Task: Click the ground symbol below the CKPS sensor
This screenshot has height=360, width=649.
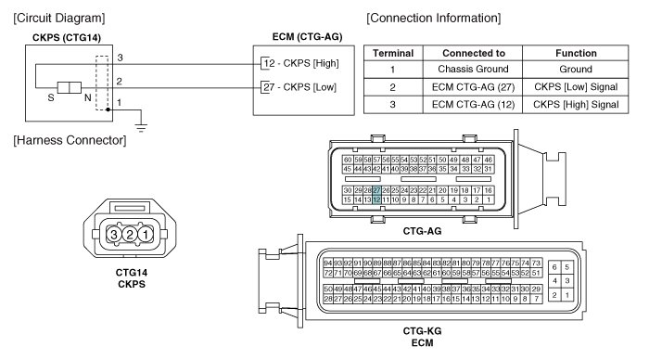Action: (x=141, y=127)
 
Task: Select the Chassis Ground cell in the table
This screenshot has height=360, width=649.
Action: (x=473, y=70)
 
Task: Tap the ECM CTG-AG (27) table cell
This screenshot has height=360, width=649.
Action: (x=473, y=87)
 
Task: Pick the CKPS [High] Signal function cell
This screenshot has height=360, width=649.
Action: (x=576, y=105)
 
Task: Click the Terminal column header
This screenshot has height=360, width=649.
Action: (x=393, y=53)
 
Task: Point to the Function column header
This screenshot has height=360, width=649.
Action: (x=576, y=53)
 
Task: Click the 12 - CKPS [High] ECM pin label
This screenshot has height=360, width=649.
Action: (x=301, y=63)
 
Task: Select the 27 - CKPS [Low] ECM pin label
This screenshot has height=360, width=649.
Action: (x=299, y=87)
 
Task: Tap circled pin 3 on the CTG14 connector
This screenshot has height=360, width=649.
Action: (x=113, y=235)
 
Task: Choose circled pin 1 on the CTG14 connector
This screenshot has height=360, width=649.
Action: (x=146, y=235)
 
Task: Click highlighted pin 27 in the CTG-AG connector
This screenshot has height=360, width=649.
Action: (x=376, y=190)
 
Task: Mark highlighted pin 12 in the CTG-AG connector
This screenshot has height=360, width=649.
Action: (x=376, y=199)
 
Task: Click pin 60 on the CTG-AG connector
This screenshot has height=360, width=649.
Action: (x=348, y=160)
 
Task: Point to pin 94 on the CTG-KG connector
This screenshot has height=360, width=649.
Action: (x=328, y=264)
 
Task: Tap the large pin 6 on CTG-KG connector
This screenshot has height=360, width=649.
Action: (x=554, y=267)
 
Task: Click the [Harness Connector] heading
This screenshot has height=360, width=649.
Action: (x=70, y=140)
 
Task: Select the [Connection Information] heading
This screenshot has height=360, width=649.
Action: (x=433, y=19)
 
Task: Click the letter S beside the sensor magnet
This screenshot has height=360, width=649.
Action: (x=51, y=97)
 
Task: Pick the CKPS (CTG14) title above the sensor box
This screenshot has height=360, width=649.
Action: (x=67, y=38)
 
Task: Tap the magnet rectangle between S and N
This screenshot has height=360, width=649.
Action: (x=70, y=87)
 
